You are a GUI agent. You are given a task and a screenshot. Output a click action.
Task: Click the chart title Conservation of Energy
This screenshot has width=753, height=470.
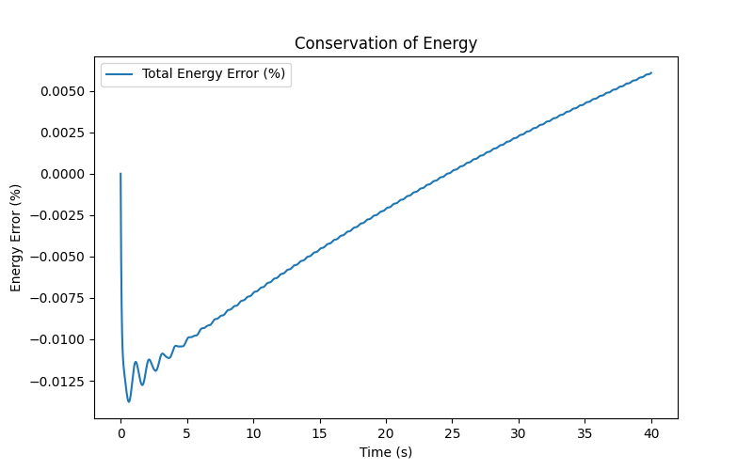[x=386, y=43]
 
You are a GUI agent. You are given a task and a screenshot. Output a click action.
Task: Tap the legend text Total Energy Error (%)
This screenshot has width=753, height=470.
[x=213, y=73]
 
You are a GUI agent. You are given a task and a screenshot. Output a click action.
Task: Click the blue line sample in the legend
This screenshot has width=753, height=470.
[x=120, y=73]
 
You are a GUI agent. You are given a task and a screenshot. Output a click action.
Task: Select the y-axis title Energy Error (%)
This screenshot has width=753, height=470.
[x=16, y=238]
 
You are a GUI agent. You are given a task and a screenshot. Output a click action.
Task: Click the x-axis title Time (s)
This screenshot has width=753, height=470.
[x=386, y=452]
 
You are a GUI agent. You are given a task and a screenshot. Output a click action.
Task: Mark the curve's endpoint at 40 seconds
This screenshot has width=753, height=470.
[x=651, y=72]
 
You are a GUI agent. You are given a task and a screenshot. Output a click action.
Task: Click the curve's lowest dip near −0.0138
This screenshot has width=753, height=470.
[x=129, y=401]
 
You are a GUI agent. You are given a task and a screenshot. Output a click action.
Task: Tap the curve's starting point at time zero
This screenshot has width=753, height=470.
[x=120, y=174]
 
